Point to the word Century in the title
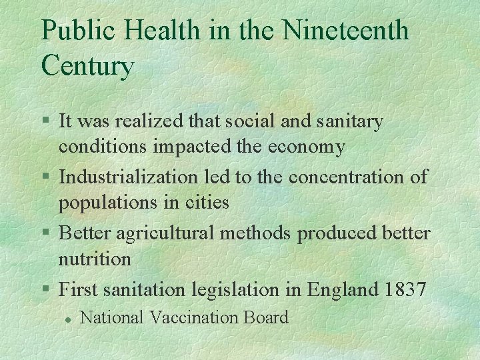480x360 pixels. tap(87, 66)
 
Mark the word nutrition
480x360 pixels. tap(95, 258)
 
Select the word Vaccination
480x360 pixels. tap(198, 317)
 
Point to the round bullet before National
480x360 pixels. tap(67, 319)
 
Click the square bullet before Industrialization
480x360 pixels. tap(45, 177)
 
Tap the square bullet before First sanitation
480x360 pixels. tap(45, 289)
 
